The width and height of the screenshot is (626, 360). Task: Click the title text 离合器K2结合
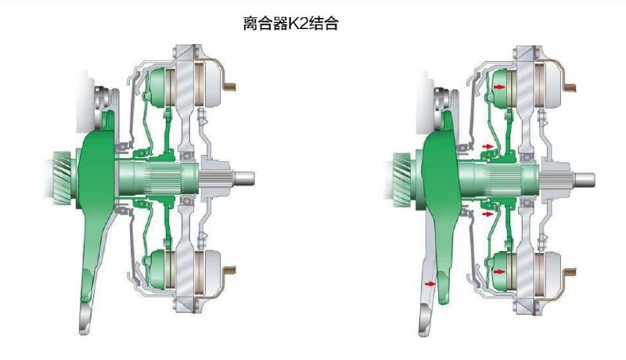(x=291, y=23)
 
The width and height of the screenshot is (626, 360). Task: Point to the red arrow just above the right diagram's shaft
(x=488, y=146)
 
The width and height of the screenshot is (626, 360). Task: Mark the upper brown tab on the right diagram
(x=574, y=81)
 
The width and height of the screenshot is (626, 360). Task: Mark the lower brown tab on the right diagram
(x=574, y=273)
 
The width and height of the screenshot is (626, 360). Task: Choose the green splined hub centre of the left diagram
(x=156, y=178)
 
